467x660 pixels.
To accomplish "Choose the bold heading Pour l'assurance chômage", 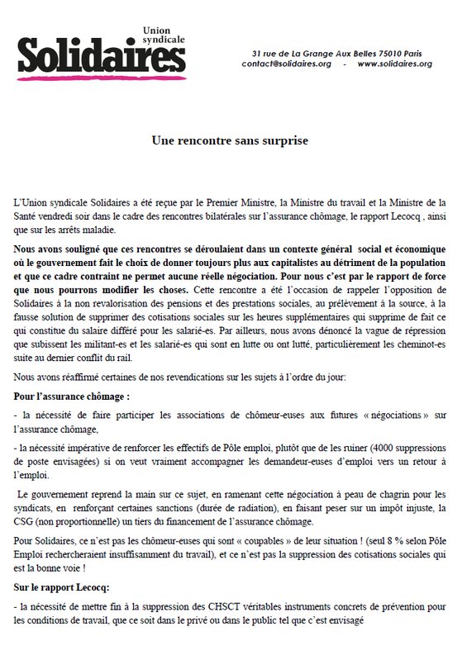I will tap(72, 396).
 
